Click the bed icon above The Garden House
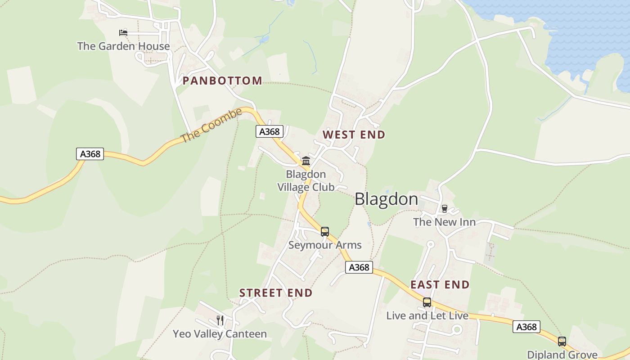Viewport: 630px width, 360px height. click(x=123, y=32)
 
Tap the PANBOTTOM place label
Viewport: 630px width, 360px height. click(x=222, y=81)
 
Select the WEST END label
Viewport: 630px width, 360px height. click(x=354, y=135)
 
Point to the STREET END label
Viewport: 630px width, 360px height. click(x=275, y=293)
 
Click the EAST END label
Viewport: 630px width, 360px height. click(x=440, y=285)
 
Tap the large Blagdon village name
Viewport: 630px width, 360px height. click(x=386, y=199)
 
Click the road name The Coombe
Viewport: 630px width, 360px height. click(x=211, y=126)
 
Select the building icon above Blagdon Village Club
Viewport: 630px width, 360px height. click(x=306, y=161)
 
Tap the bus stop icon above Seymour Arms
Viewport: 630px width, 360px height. click(x=325, y=232)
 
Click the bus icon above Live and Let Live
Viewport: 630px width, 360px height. click(x=427, y=302)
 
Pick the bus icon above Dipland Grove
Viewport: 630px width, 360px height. click(x=562, y=342)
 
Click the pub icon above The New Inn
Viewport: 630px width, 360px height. click(x=445, y=209)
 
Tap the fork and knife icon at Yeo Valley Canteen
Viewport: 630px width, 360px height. click(x=220, y=320)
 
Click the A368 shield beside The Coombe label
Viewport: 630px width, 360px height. click(x=270, y=131)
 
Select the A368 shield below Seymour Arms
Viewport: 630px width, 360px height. click(x=359, y=267)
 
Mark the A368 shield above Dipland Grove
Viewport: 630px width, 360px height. click(x=526, y=327)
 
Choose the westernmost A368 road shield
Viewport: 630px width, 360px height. click(x=90, y=154)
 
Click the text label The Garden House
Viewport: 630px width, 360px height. click(x=123, y=46)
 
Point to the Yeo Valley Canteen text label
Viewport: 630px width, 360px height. click(x=220, y=334)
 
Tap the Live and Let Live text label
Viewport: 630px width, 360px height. click(x=427, y=316)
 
